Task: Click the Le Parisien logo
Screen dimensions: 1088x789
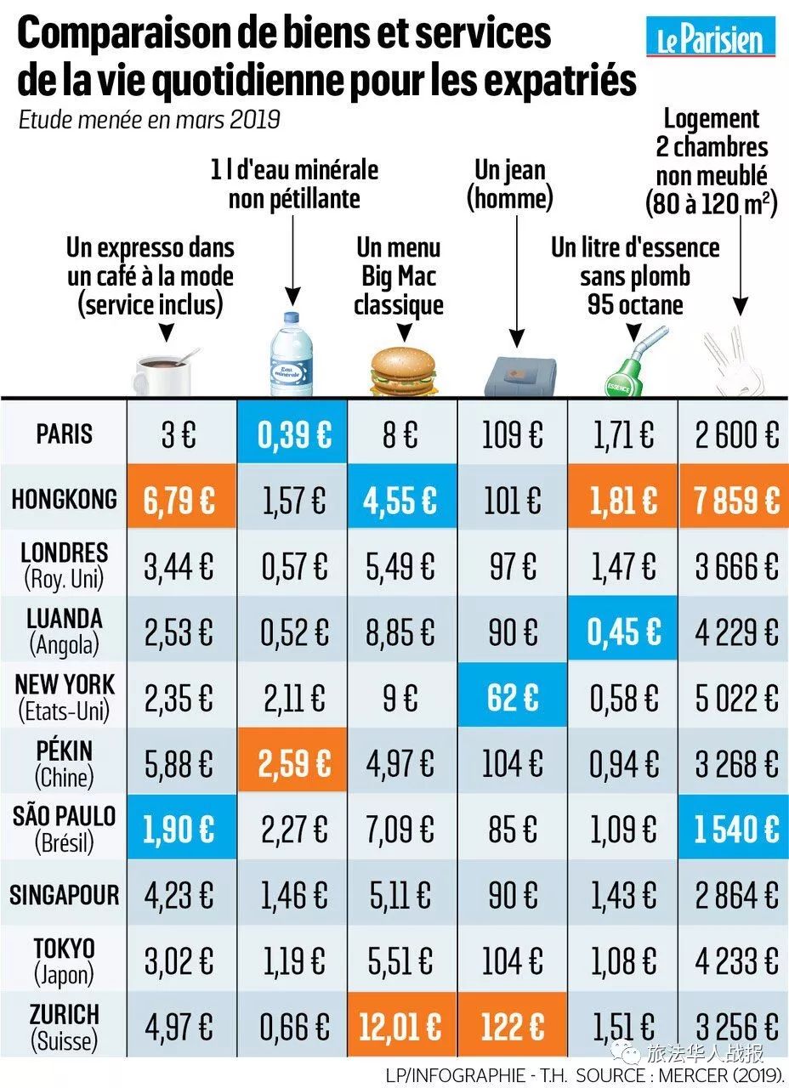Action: point(711,37)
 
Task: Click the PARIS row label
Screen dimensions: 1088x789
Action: point(64,433)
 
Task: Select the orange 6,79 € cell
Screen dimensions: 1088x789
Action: point(179,500)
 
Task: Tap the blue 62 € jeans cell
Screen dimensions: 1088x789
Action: point(513,698)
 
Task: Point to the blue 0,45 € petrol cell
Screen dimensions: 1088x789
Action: point(623,632)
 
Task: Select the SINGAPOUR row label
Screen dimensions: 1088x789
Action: point(64,894)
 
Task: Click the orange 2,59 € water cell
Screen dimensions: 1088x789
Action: point(294,763)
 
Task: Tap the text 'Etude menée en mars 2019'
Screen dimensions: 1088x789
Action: point(150,120)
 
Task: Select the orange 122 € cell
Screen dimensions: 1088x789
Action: point(513,1027)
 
